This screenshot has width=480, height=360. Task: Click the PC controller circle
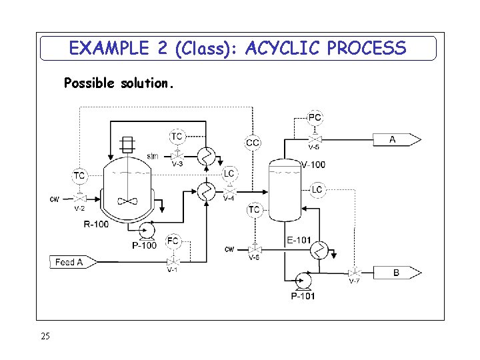(315, 118)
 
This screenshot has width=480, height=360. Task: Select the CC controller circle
(253, 142)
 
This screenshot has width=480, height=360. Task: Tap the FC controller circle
(173, 241)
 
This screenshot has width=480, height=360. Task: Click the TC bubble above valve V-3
(176, 136)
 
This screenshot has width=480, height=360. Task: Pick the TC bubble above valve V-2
(79, 176)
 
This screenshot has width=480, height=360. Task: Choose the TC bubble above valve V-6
(254, 210)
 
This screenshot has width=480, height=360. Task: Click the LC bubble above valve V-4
(229, 173)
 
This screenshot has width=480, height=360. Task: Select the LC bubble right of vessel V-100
(317, 190)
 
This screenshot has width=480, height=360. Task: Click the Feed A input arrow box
(73, 262)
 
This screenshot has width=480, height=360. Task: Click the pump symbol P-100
(146, 231)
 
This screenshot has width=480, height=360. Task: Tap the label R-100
(96, 224)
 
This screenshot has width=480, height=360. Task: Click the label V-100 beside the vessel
(313, 165)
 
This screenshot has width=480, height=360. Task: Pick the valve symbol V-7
(355, 272)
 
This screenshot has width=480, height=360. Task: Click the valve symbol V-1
(173, 261)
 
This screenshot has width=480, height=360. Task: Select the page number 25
(45, 336)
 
